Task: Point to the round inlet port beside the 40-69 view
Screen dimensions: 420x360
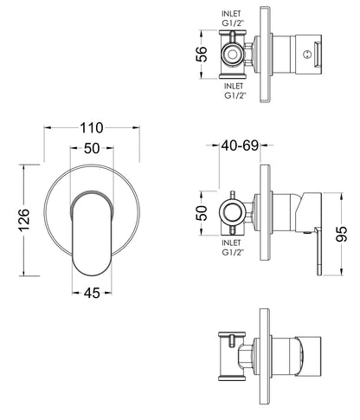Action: [232, 210]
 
